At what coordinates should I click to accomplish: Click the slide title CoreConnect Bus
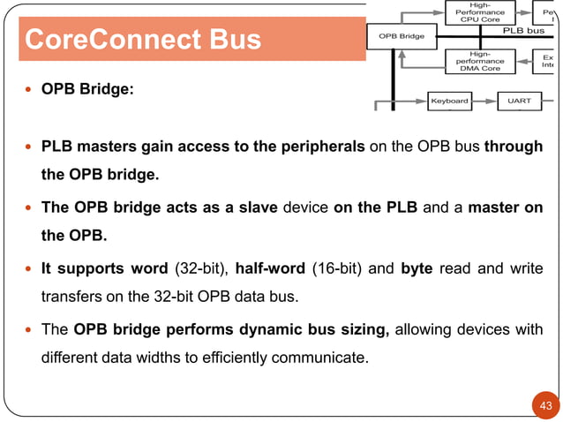(x=142, y=41)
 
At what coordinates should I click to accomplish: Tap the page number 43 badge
(x=545, y=406)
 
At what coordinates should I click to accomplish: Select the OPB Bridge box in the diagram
(x=401, y=36)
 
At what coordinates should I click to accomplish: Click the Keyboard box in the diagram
(x=449, y=101)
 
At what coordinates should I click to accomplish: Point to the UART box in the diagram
(x=519, y=101)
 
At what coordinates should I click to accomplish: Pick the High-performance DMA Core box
(x=480, y=61)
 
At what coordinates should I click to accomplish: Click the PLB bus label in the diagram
(x=524, y=31)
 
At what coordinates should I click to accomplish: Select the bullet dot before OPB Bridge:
(x=30, y=90)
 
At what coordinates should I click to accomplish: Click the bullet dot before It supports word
(x=30, y=268)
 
